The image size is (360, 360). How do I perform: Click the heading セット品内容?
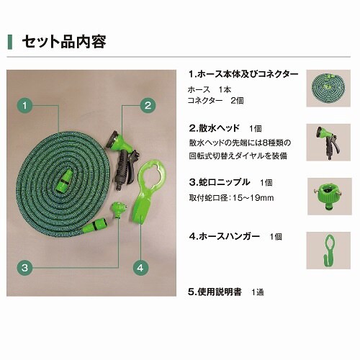(x=64, y=42)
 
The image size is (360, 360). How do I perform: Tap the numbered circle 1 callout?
(x=24, y=105)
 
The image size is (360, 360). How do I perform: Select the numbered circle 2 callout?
(x=148, y=105)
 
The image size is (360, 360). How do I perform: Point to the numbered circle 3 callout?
(x=24, y=267)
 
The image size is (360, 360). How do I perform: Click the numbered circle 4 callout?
(x=140, y=267)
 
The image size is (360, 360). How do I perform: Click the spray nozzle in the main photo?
(x=121, y=158)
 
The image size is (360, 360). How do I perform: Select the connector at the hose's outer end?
(x=95, y=225)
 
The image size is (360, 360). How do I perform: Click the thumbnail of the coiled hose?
(x=328, y=89)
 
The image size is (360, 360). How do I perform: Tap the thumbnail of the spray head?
(x=328, y=143)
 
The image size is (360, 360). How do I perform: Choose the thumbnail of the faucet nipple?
(x=330, y=197)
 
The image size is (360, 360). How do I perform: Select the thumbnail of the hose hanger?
(x=328, y=251)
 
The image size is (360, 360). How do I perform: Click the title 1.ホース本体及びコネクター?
(x=243, y=74)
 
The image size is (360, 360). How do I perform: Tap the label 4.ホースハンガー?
(x=224, y=236)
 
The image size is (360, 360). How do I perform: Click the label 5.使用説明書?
(x=215, y=292)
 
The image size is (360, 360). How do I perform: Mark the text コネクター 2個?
(x=215, y=101)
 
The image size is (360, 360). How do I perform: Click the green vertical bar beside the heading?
(x=10, y=42)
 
